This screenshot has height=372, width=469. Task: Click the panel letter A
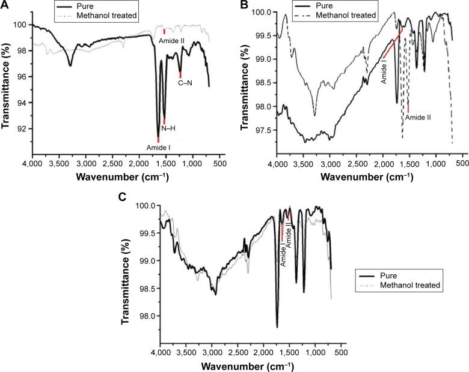pyautogui.click(x=5, y=6)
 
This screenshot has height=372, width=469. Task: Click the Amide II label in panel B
pyautogui.click(x=417, y=118)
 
